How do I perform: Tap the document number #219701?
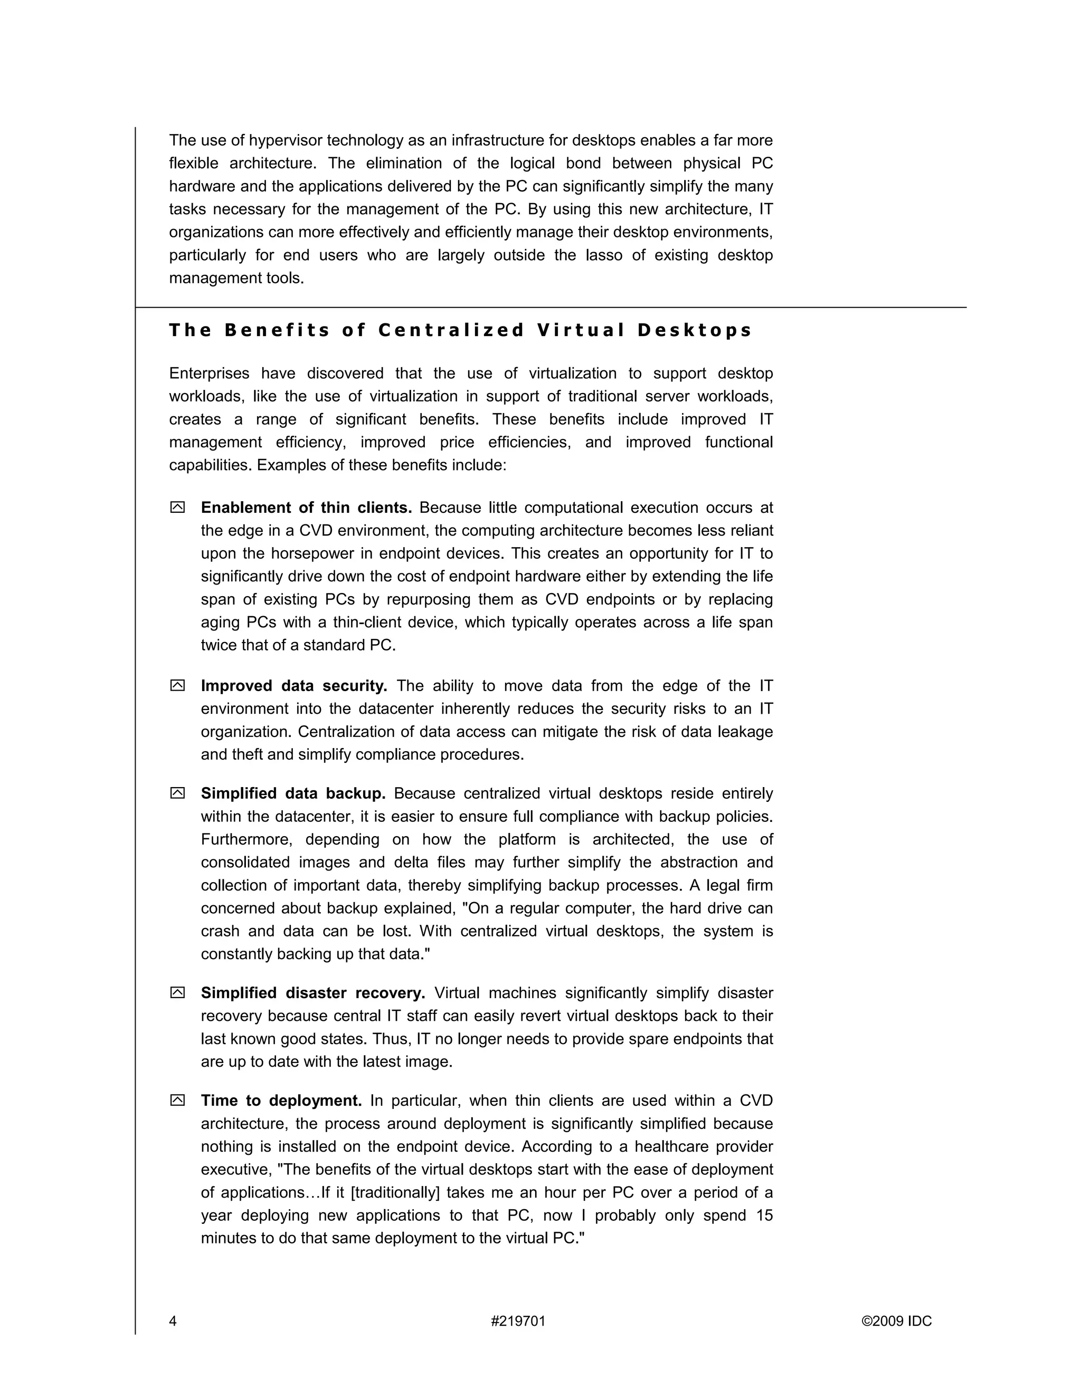pos(518,1321)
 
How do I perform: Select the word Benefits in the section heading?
pos(277,330)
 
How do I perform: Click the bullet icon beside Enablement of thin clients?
pos(177,508)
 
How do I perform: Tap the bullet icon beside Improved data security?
pos(177,686)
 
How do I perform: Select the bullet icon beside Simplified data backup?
pos(177,793)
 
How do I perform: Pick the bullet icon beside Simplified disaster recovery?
pos(177,993)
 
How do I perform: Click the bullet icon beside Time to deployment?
pos(177,1100)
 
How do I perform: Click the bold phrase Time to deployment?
pos(281,1100)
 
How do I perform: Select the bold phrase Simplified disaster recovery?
pos(312,993)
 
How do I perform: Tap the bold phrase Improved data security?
pos(294,686)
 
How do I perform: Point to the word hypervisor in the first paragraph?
pos(286,140)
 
